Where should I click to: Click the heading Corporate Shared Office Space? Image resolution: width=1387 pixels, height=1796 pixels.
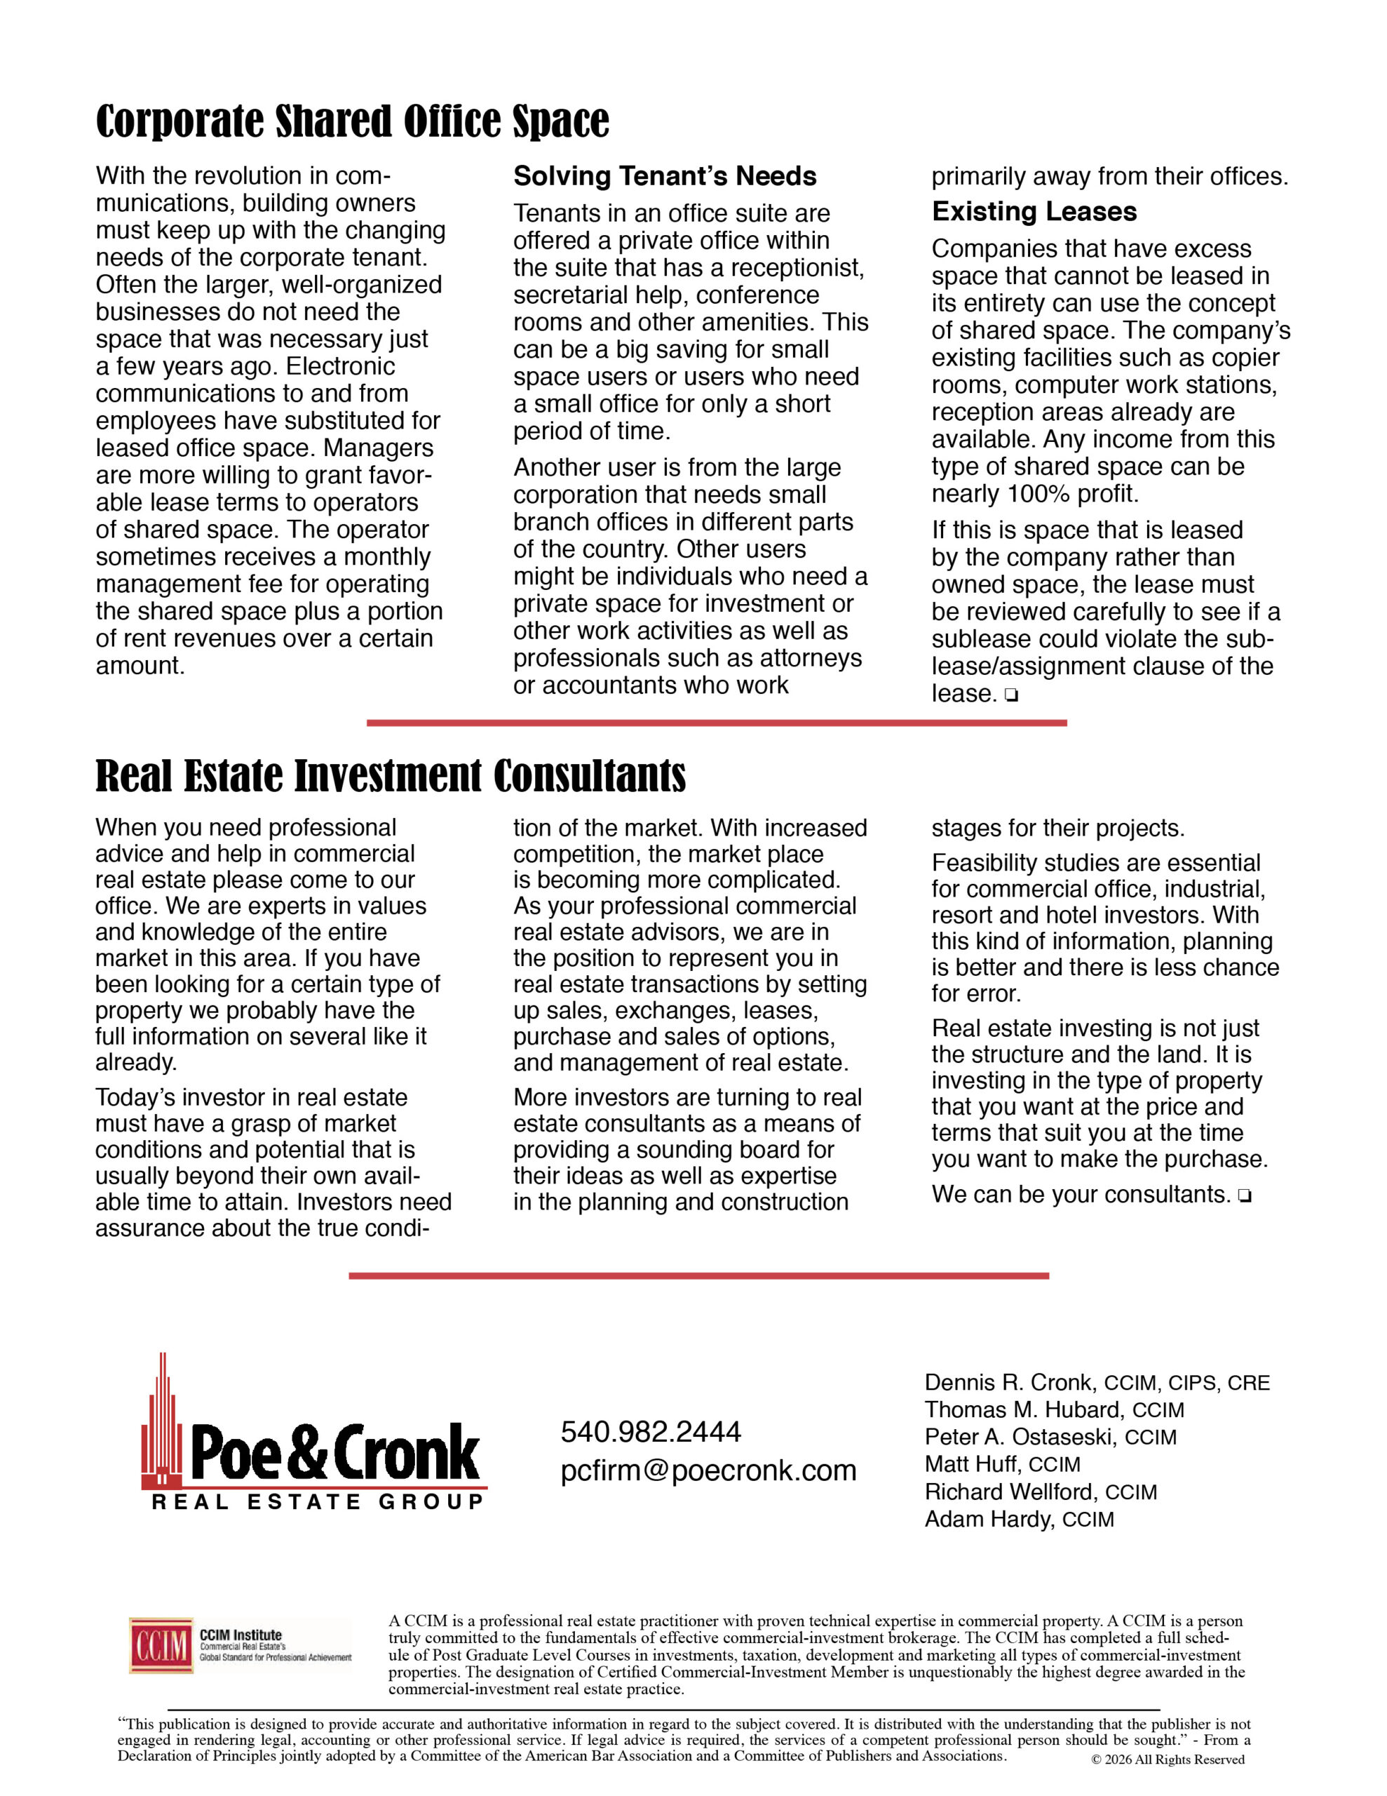click(x=352, y=121)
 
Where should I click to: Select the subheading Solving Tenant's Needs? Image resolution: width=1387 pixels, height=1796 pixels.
click(x=664, y=176)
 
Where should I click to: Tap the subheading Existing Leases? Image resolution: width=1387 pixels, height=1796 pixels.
click(x=1034, y=212)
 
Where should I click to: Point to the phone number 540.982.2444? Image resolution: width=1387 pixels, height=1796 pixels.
click(x=650, y=1432)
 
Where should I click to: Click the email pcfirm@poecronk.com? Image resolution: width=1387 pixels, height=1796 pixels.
click(x=708, y=1470)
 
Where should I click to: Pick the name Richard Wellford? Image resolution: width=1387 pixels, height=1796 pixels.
click(x=1011, y=1492)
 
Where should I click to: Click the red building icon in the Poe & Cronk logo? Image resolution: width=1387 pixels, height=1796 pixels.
click(x=162, y=1427)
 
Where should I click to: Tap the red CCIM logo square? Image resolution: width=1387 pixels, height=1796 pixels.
click(x=161, y=1645)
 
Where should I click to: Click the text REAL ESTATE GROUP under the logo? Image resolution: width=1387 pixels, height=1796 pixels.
click(x=318, y=1503)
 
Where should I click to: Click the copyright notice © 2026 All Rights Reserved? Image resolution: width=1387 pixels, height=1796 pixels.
click(x=1168, y=1760)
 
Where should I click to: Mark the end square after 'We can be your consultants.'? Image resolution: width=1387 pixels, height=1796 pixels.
click(x=1244, y=1196)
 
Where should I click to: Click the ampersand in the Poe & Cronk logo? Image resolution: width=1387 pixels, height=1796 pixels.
click(x=309, y=1452)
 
